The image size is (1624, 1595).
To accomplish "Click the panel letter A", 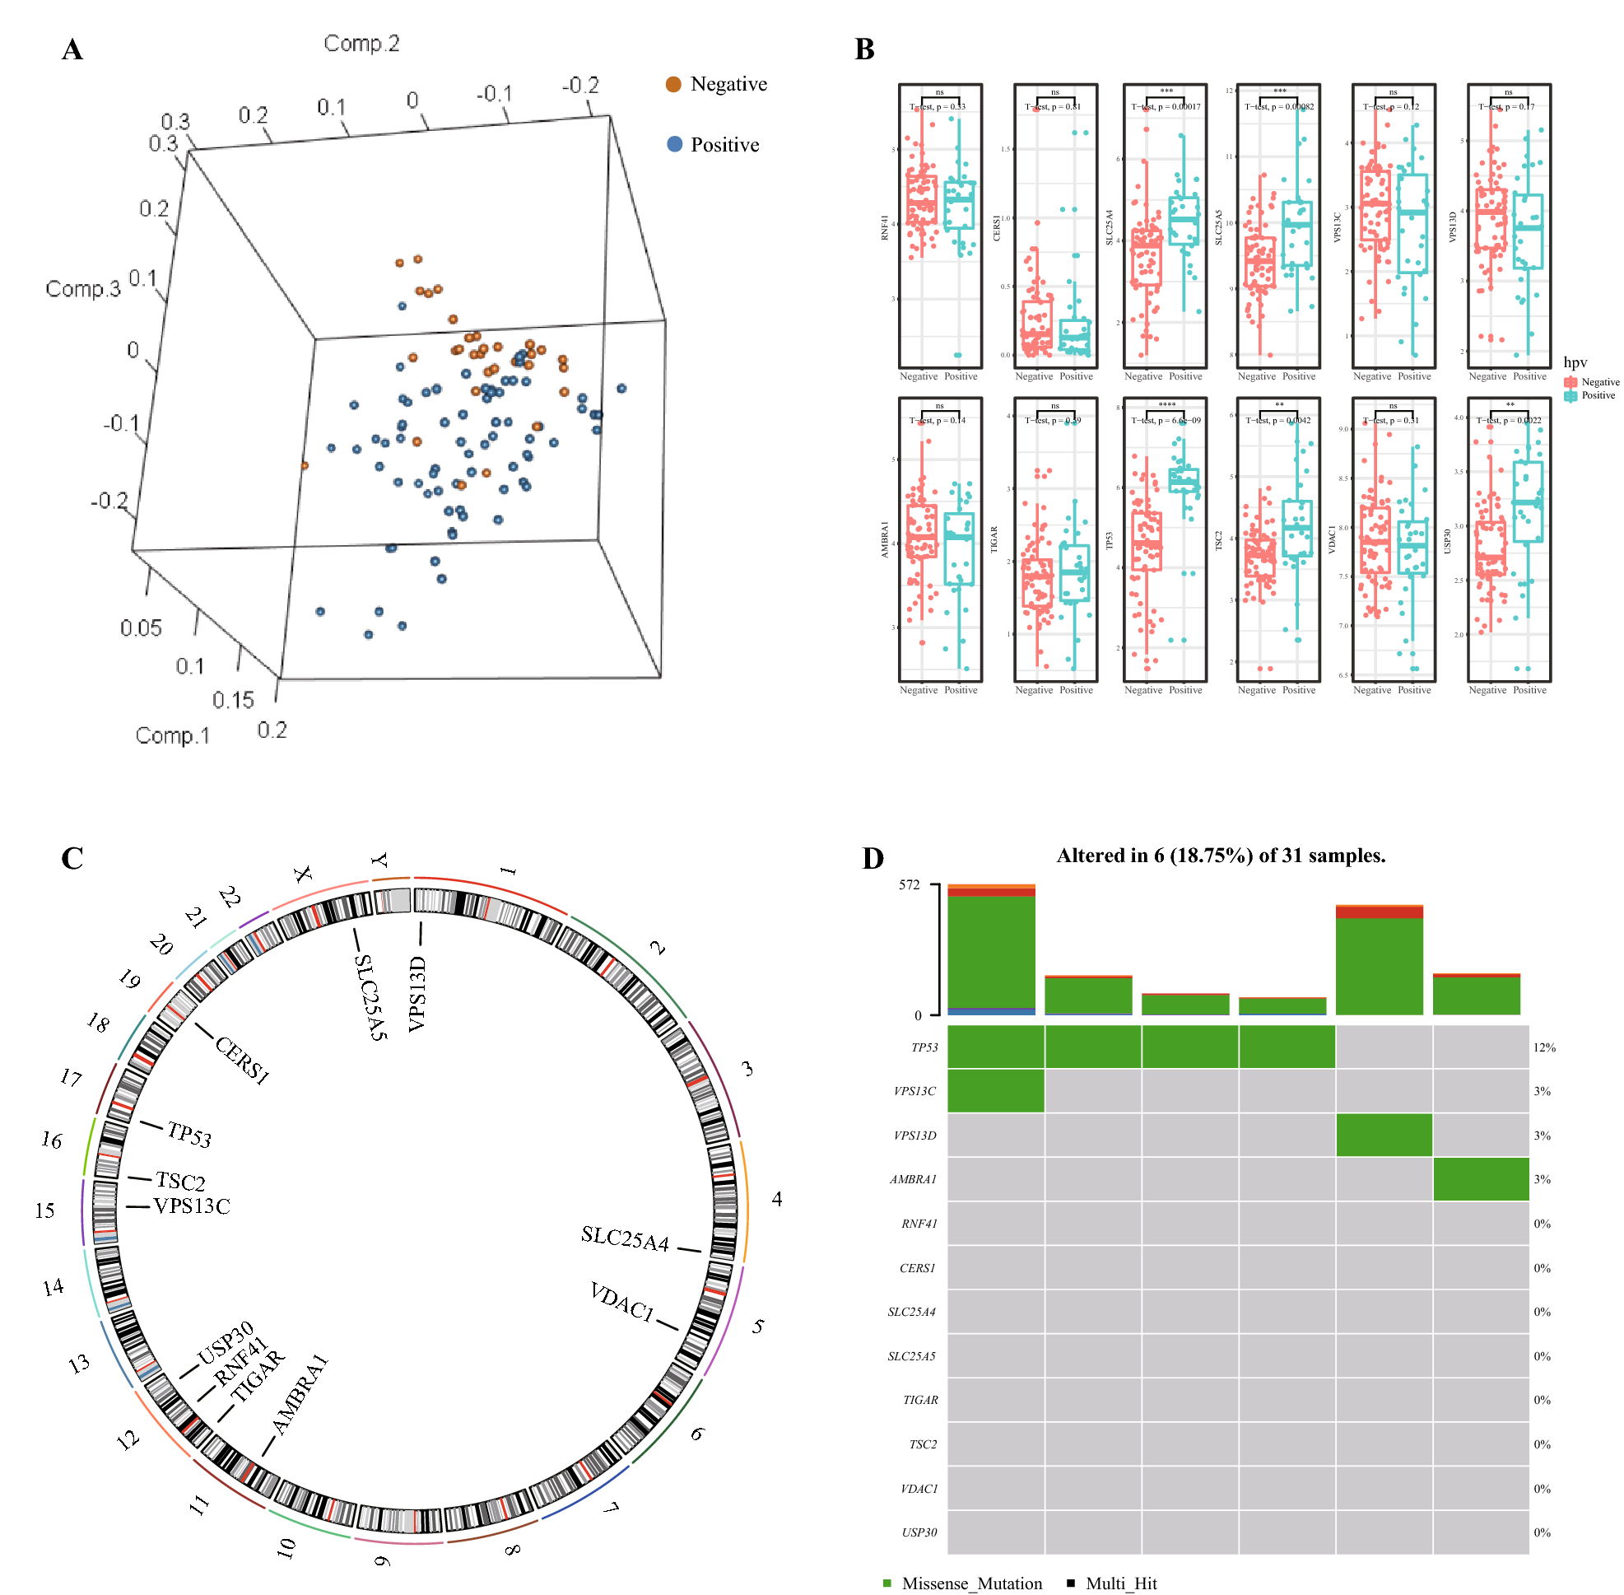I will [x=72, y=49].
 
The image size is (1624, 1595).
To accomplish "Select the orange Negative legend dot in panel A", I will [x=672, y=84].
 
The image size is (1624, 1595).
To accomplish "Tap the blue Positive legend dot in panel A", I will [x=673, y=144].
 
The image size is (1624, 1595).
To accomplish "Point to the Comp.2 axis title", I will [x=361, y=43].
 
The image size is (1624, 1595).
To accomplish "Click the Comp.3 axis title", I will [x=83, y=288].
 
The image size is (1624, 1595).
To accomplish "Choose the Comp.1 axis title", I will [x=173, y=735].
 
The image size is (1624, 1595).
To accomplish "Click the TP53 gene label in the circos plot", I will [x=189, y=1134].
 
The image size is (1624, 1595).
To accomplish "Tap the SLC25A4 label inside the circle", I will [x=625, y=1238].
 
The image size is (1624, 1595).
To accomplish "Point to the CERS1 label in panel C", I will [x=242, y=1060].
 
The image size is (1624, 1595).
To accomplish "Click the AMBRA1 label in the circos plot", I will [x=300, y=1395].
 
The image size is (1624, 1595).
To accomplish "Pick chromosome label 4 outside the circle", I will [x=776, y=1199].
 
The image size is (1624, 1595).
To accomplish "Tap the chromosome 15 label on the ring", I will [x=44, y=1210].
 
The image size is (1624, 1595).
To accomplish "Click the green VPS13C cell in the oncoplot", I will [x=995, y=1091].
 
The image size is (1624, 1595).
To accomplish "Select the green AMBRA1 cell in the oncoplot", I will [x=1480, y=1178].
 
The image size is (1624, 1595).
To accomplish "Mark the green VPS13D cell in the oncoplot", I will [x=1383, y=1135].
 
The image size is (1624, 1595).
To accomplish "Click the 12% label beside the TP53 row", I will [x=1543, y=1047].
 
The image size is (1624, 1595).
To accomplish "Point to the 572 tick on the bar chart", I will [x=909, y=884].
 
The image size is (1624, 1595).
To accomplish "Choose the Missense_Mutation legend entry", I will [x=970, y=1583].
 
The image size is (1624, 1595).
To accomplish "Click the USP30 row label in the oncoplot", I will [x=919, y=1532].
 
